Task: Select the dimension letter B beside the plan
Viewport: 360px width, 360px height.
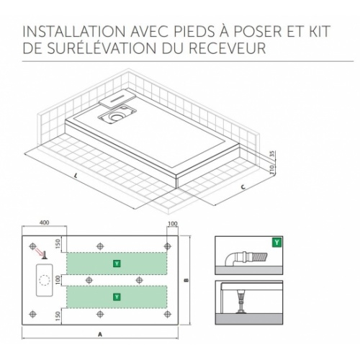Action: (186, 279)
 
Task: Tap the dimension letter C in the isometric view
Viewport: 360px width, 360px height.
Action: (243, 189)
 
